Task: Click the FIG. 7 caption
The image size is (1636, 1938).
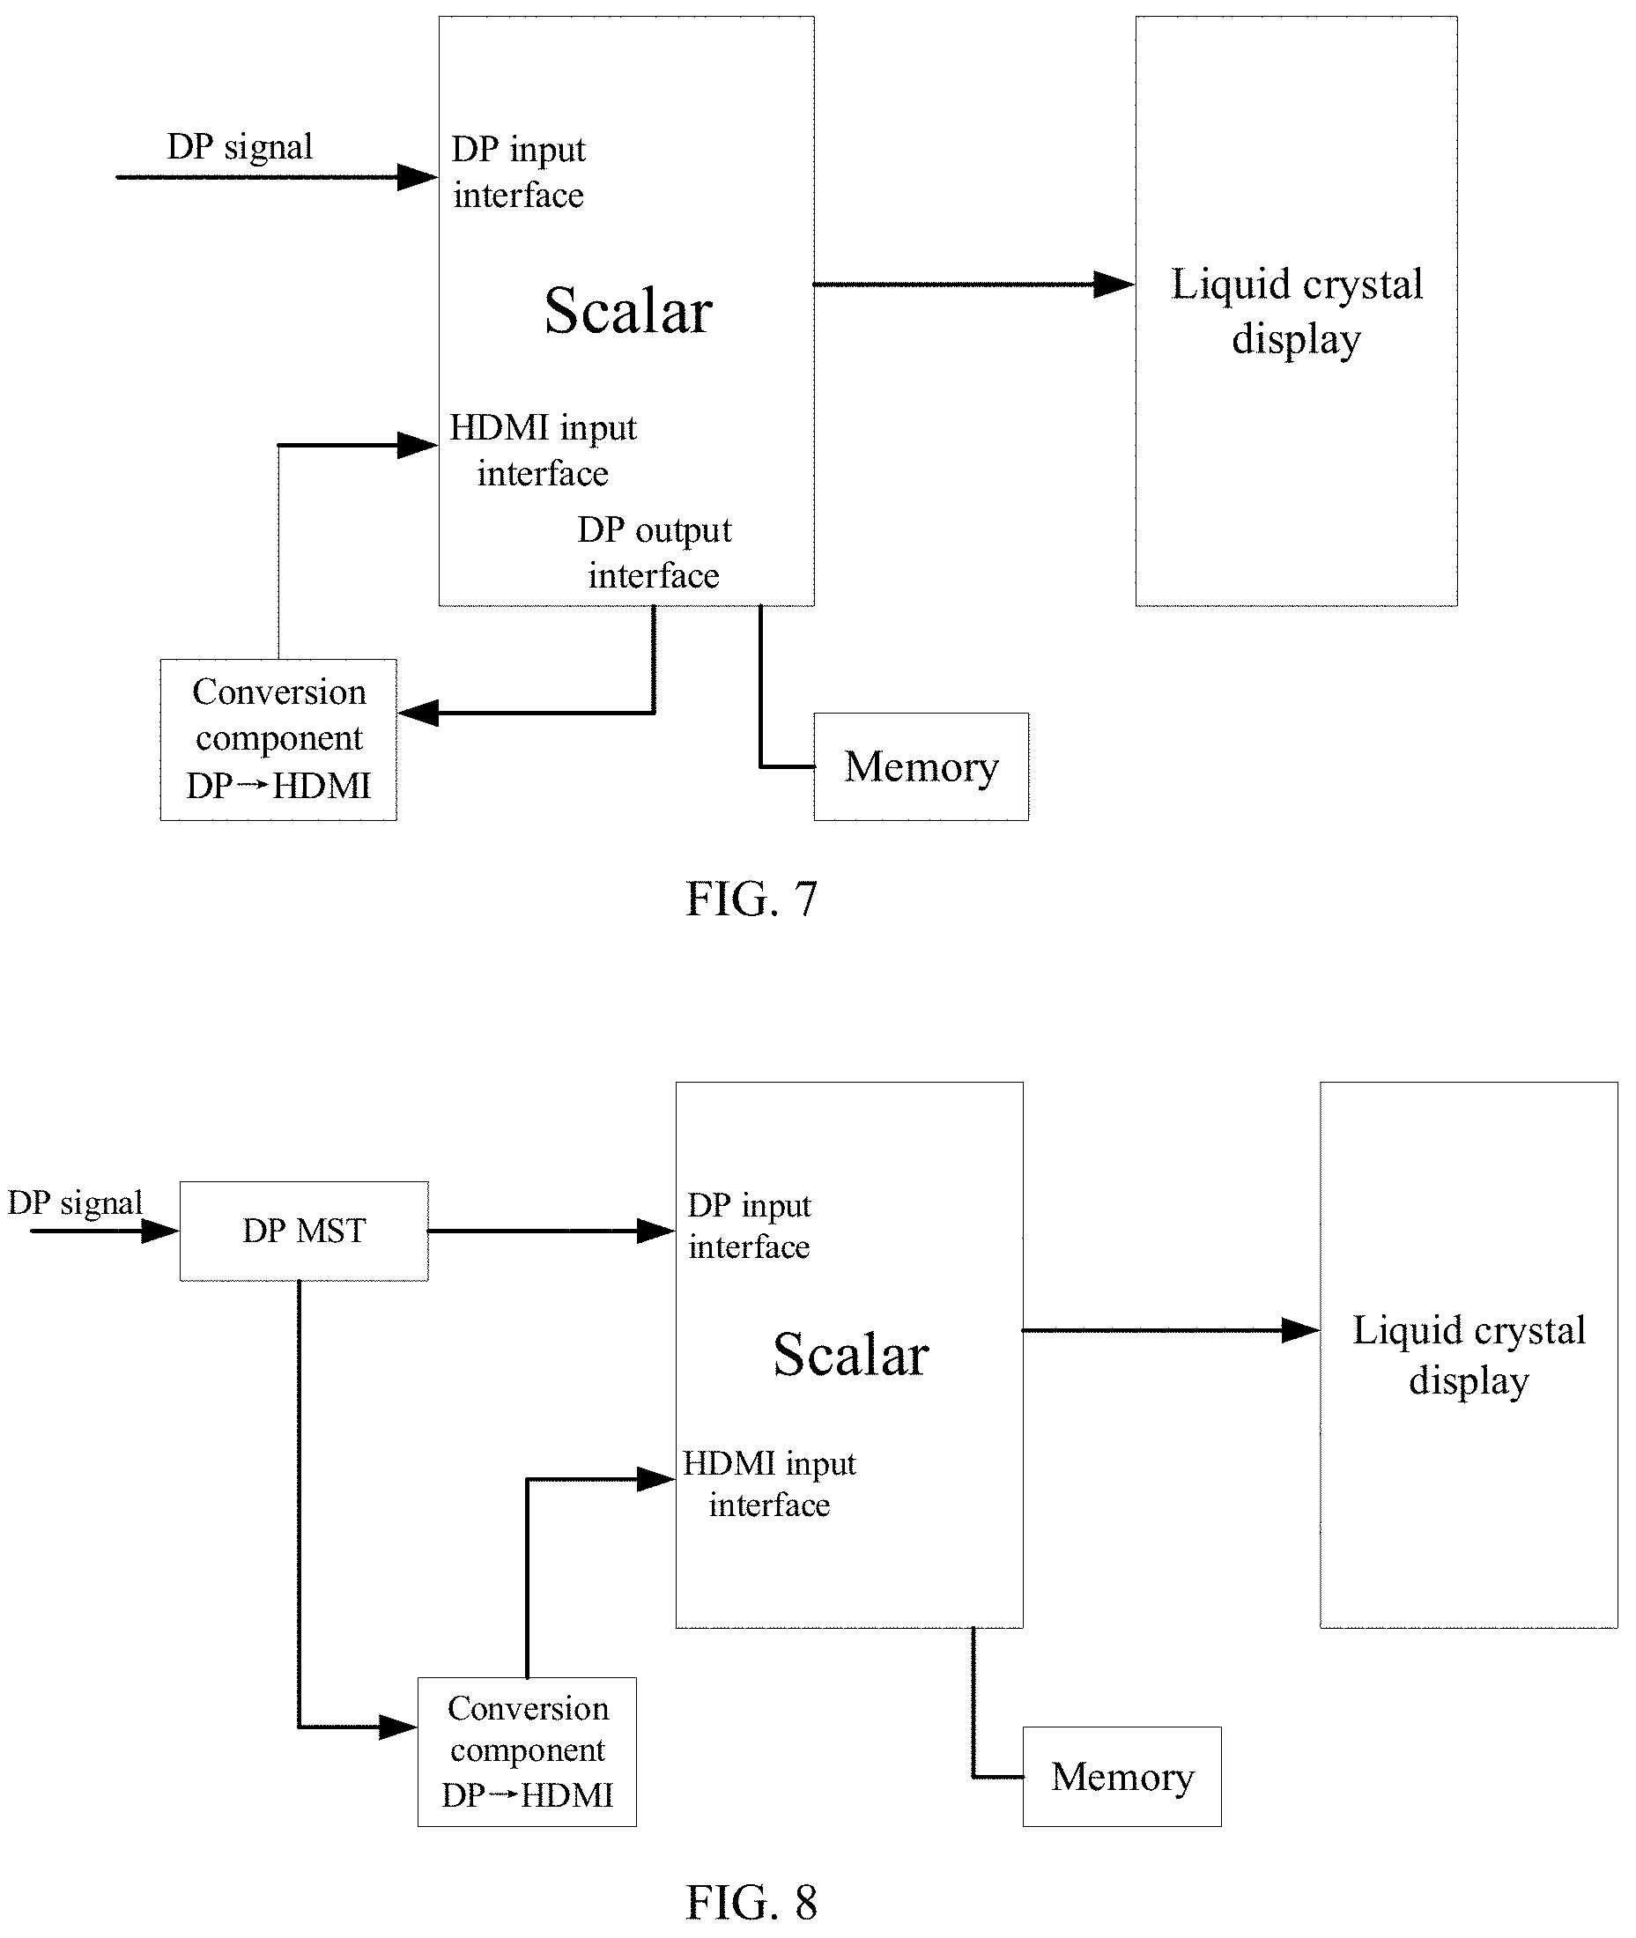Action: click(x=751, y=899)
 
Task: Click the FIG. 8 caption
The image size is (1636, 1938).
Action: click(x=751, y=1902)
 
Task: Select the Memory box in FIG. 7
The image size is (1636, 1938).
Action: click(x=921, y=767)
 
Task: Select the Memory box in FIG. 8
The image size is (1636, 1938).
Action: click(x=1122, y=1777)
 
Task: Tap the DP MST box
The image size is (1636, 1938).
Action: click(x=304, y=1232)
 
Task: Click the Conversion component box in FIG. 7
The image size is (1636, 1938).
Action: click(x=278, y=740)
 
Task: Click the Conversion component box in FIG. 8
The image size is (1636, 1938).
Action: click(x=527, y=1751)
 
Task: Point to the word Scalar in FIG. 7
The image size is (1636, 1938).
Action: click(x=628, y=311)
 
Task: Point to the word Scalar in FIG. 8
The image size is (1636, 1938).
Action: click(x=850, y=1355)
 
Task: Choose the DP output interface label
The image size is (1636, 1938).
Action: click(x=654, y=552)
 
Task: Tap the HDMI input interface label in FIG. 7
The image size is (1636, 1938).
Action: click(x=544, y=451)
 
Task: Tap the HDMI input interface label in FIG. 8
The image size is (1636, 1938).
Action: click(x=769, y=1483)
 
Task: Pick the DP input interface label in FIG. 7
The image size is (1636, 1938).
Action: click(x=518, y=173)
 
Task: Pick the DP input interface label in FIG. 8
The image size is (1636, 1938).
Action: click(x=750, y=1226)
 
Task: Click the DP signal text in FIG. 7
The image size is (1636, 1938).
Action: click(x=240, y=146)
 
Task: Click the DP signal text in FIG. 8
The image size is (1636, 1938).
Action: click(x=75, y=1202)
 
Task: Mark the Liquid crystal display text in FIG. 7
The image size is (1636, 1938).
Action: click(x=1297, y=311)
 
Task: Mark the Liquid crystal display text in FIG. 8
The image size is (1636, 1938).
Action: click(x=1469, y=1355)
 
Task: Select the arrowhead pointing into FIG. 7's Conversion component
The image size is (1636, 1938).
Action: click(x=418, y=713)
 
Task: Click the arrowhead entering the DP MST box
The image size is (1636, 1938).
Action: click(x=159, y=1232)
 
